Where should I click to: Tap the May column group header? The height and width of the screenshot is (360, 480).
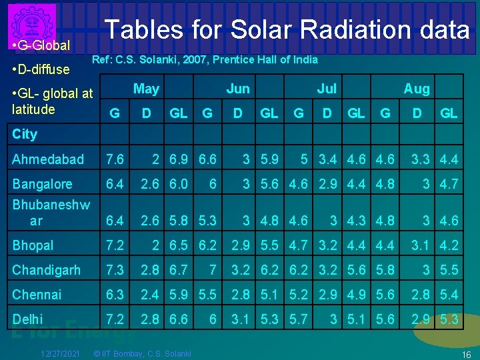pos(146,89)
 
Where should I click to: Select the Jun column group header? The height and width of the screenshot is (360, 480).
pos(237,89)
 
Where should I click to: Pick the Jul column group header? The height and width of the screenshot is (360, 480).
pos(327,89)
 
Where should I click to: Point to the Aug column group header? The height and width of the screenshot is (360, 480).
pos(417,89)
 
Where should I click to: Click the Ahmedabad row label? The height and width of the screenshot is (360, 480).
pos(48,159)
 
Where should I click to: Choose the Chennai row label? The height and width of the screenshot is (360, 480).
pos(37,295)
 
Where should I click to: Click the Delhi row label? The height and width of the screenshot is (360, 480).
pos(27,319)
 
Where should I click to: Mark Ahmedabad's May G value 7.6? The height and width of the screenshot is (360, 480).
pos(114,159)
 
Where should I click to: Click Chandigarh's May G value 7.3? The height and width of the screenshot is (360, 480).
pos(114,270)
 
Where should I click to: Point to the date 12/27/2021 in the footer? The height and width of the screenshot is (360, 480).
pos(61,353)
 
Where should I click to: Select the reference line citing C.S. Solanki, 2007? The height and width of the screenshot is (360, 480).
pos(205,60)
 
